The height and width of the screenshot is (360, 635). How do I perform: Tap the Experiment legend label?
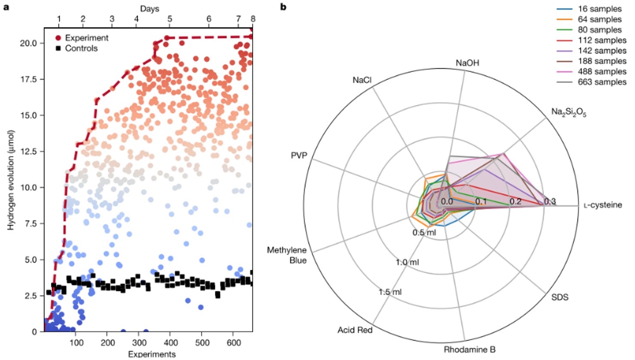87,38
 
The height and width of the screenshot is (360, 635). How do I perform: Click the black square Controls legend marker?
58,48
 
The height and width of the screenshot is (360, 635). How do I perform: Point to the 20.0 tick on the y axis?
28,43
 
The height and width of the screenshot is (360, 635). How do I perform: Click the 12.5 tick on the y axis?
28,151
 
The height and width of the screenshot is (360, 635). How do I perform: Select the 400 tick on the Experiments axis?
171,343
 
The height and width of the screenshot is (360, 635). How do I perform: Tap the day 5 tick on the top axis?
170,19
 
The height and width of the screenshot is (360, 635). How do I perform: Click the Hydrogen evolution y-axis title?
11,180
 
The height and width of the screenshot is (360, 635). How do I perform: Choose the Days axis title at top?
149,9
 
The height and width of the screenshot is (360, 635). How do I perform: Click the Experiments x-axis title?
152,354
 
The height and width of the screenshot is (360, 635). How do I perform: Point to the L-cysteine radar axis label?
602,205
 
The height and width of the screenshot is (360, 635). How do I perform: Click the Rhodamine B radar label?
469,350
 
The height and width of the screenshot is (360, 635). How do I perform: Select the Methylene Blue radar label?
287,255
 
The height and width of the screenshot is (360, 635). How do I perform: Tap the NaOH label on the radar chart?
467,63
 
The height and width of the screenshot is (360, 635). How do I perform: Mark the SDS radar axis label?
559,297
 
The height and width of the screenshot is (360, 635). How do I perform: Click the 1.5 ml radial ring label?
390,292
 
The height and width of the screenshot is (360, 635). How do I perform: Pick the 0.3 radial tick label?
550,202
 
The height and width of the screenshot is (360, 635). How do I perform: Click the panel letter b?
283,7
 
